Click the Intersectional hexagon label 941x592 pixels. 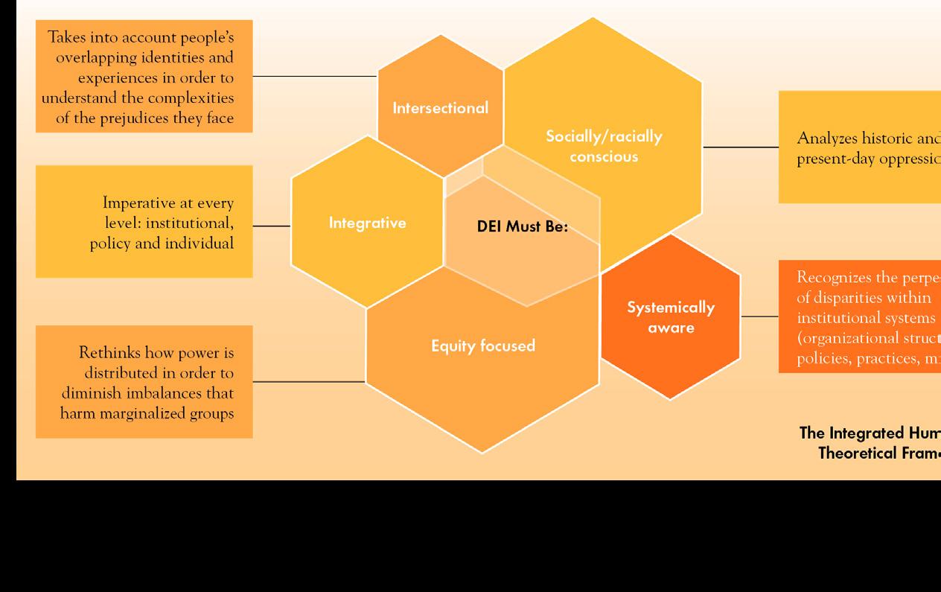(x=440, y=108)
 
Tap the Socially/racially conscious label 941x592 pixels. (x=604, y=146)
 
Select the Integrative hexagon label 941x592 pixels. (x=367, y=223)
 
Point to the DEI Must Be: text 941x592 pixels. (x=522, y=227)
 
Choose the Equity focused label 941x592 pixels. (x=483, y=346)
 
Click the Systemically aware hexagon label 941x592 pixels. (x=671, y=317)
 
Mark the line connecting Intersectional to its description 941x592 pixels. (x=315, y=76)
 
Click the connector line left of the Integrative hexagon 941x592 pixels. (x=272, y=225)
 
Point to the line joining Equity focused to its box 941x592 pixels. (x=309, y=382)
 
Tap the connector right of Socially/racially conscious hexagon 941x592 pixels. (x=741, y=147)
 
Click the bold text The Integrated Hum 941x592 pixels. (x=870, y=433)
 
